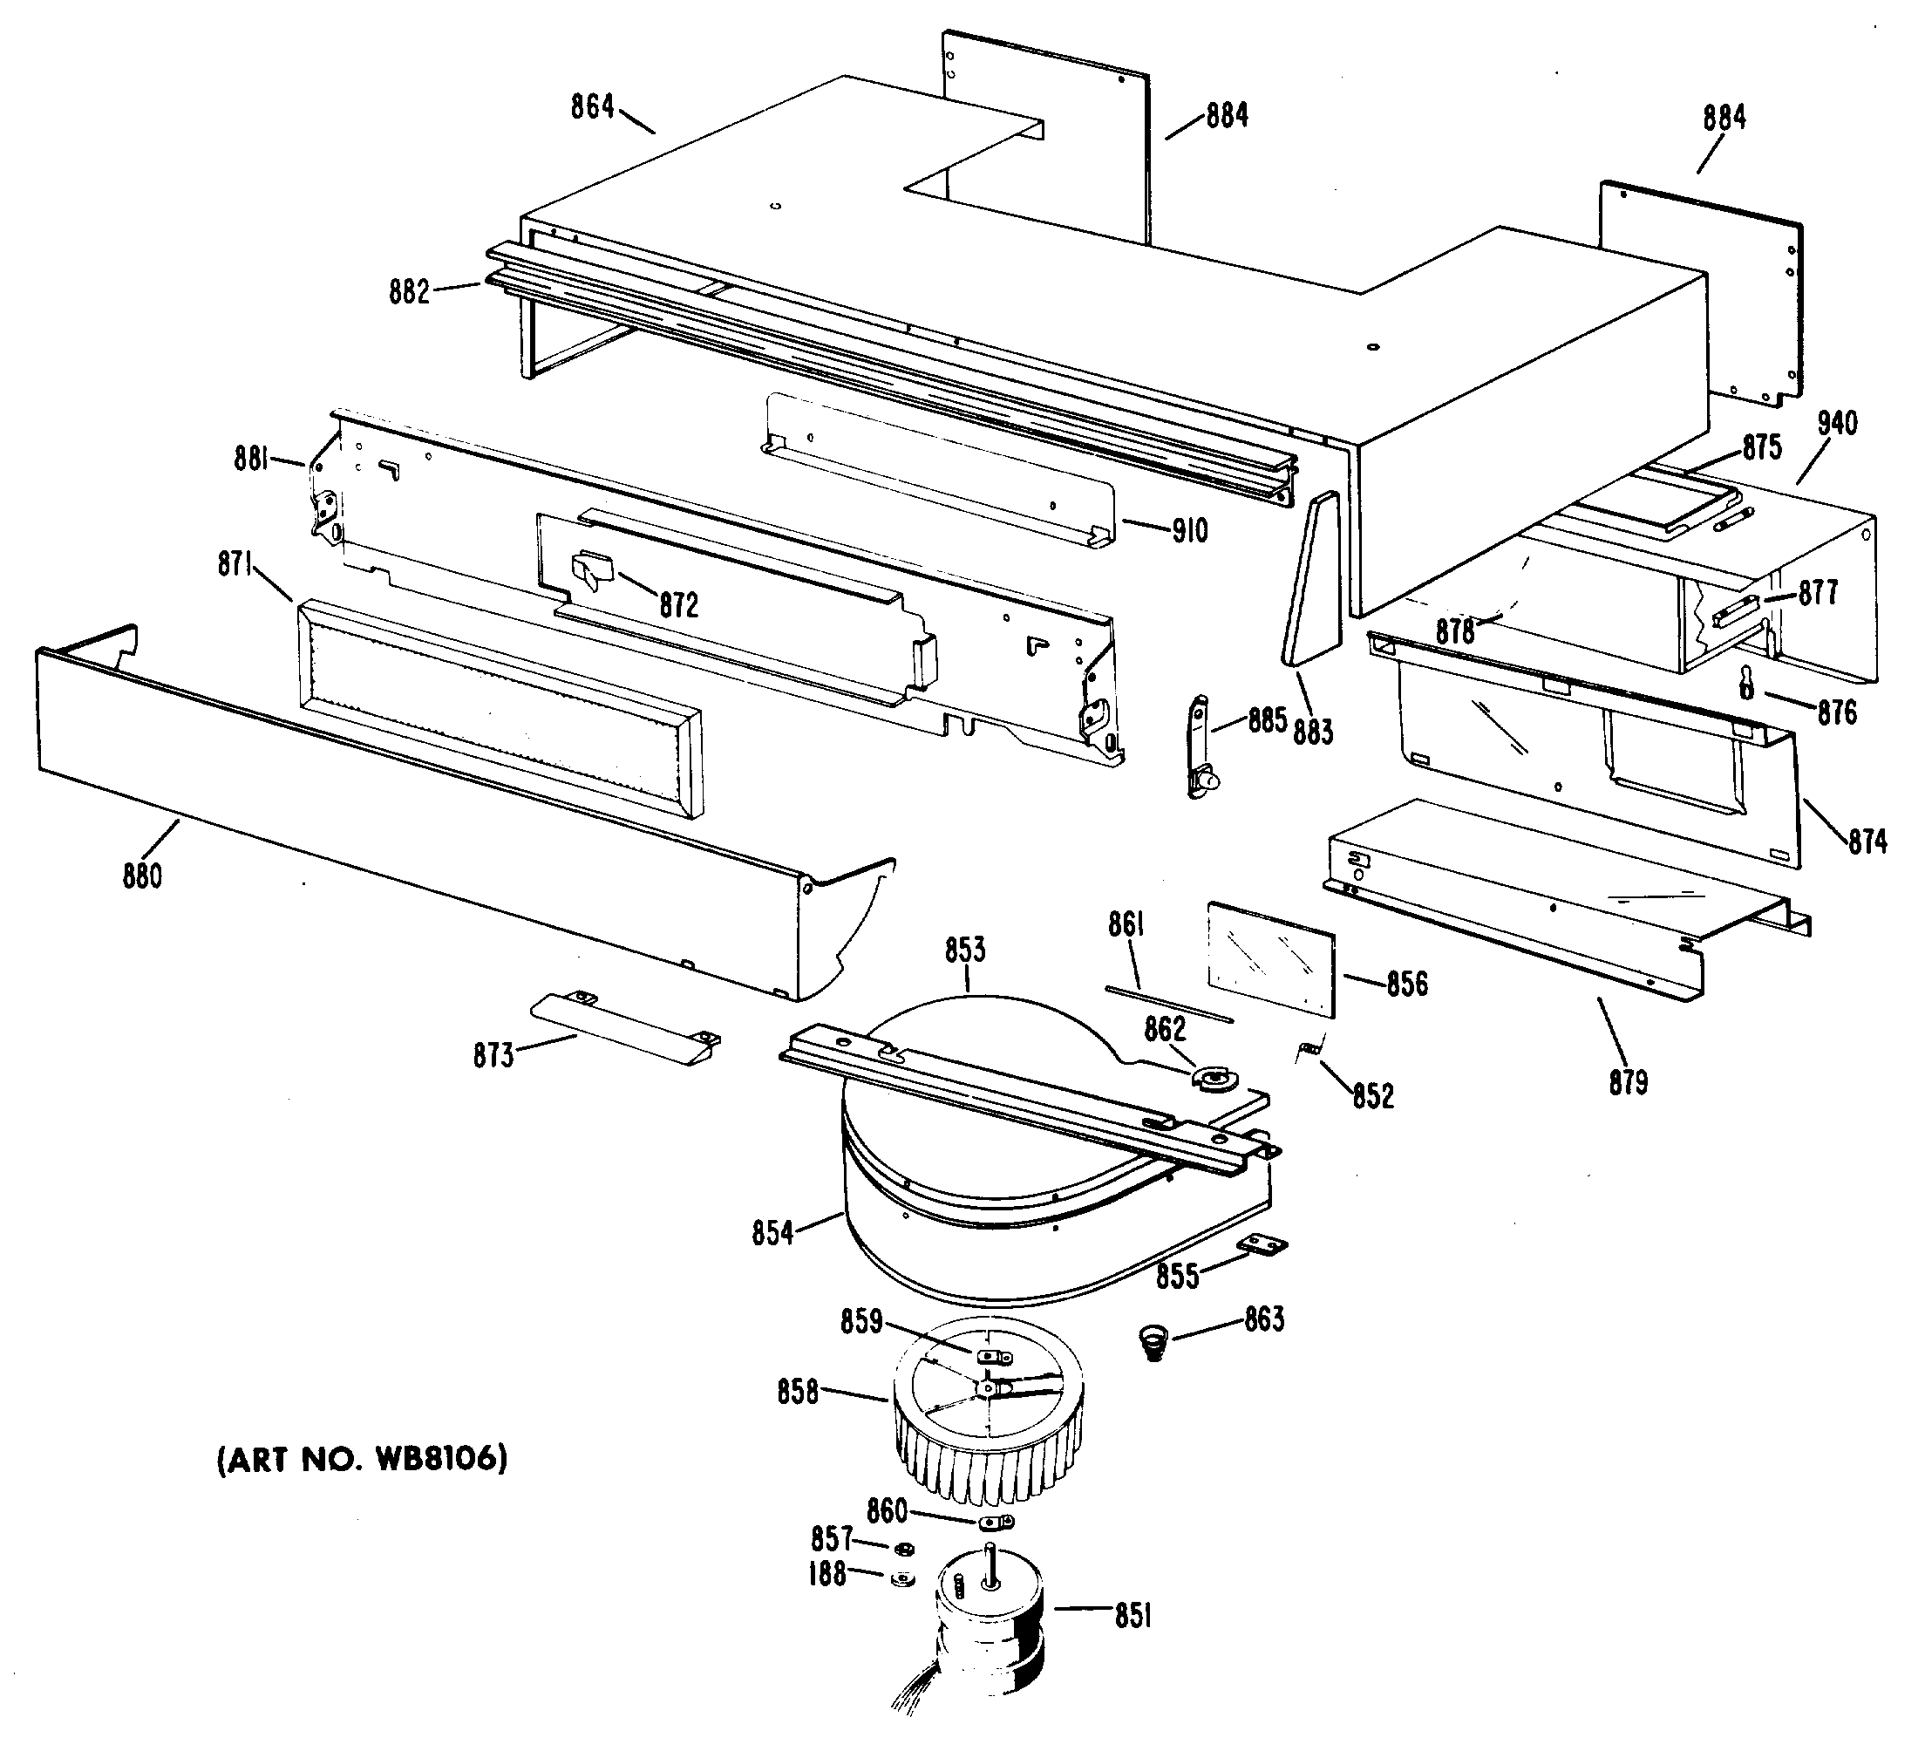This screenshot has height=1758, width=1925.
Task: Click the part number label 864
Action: click(x=592, y=106)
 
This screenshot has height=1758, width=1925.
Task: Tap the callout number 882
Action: click(x=409, y=291)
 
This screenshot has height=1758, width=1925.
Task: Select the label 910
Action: click(x=1190, y=530)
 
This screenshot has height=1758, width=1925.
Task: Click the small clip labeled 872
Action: click(x=592, y=571)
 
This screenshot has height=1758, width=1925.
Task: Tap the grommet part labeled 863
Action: click(x=1154, y=1342)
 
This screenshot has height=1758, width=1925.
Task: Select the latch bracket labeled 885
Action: click(x=1200, y=746)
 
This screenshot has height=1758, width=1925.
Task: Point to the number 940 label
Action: click(x=1836, y=423)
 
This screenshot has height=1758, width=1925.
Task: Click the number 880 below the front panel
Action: click(x=142, y=875)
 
